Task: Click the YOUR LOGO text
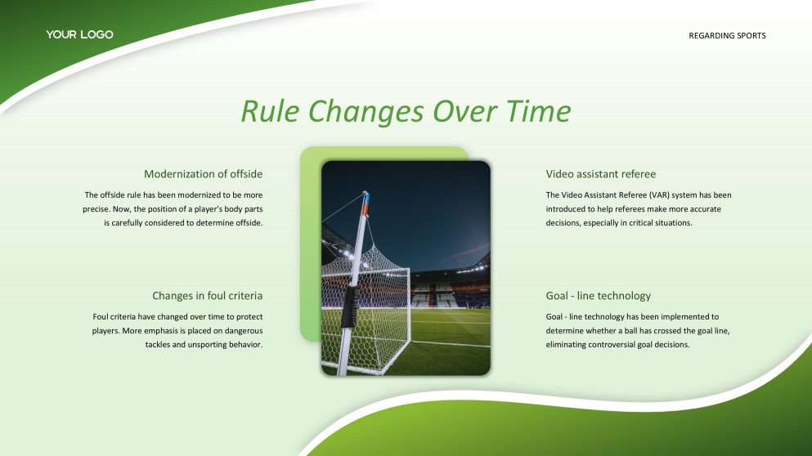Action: pos(80,34)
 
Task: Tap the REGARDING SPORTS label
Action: pos(727,36)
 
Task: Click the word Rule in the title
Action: pos(271,111)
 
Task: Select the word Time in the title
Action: pos(538,111)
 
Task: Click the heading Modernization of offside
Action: pos(203,174)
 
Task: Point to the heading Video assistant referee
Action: pos(601,174)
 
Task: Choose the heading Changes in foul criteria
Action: pos(207,296)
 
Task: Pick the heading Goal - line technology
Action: pos(598,296)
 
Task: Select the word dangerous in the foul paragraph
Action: pos(244,331)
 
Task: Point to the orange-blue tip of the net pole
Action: pos(365,203)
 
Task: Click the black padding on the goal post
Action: pos(348,306)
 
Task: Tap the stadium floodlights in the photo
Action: pos(347,252)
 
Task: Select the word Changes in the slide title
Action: pos(368,112)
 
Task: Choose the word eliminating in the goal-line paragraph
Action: pos(566,345)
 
